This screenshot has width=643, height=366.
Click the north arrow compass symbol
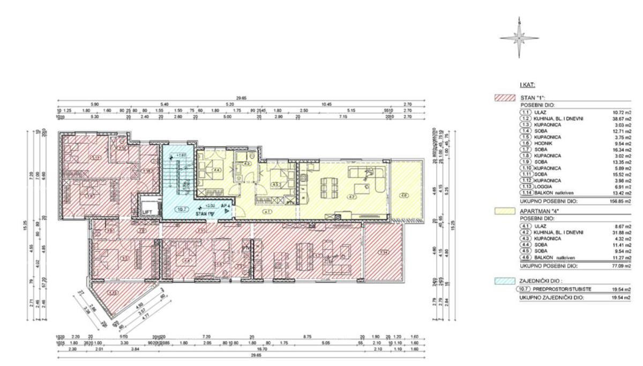(519, 38)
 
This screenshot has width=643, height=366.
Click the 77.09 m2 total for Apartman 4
(620, 266)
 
